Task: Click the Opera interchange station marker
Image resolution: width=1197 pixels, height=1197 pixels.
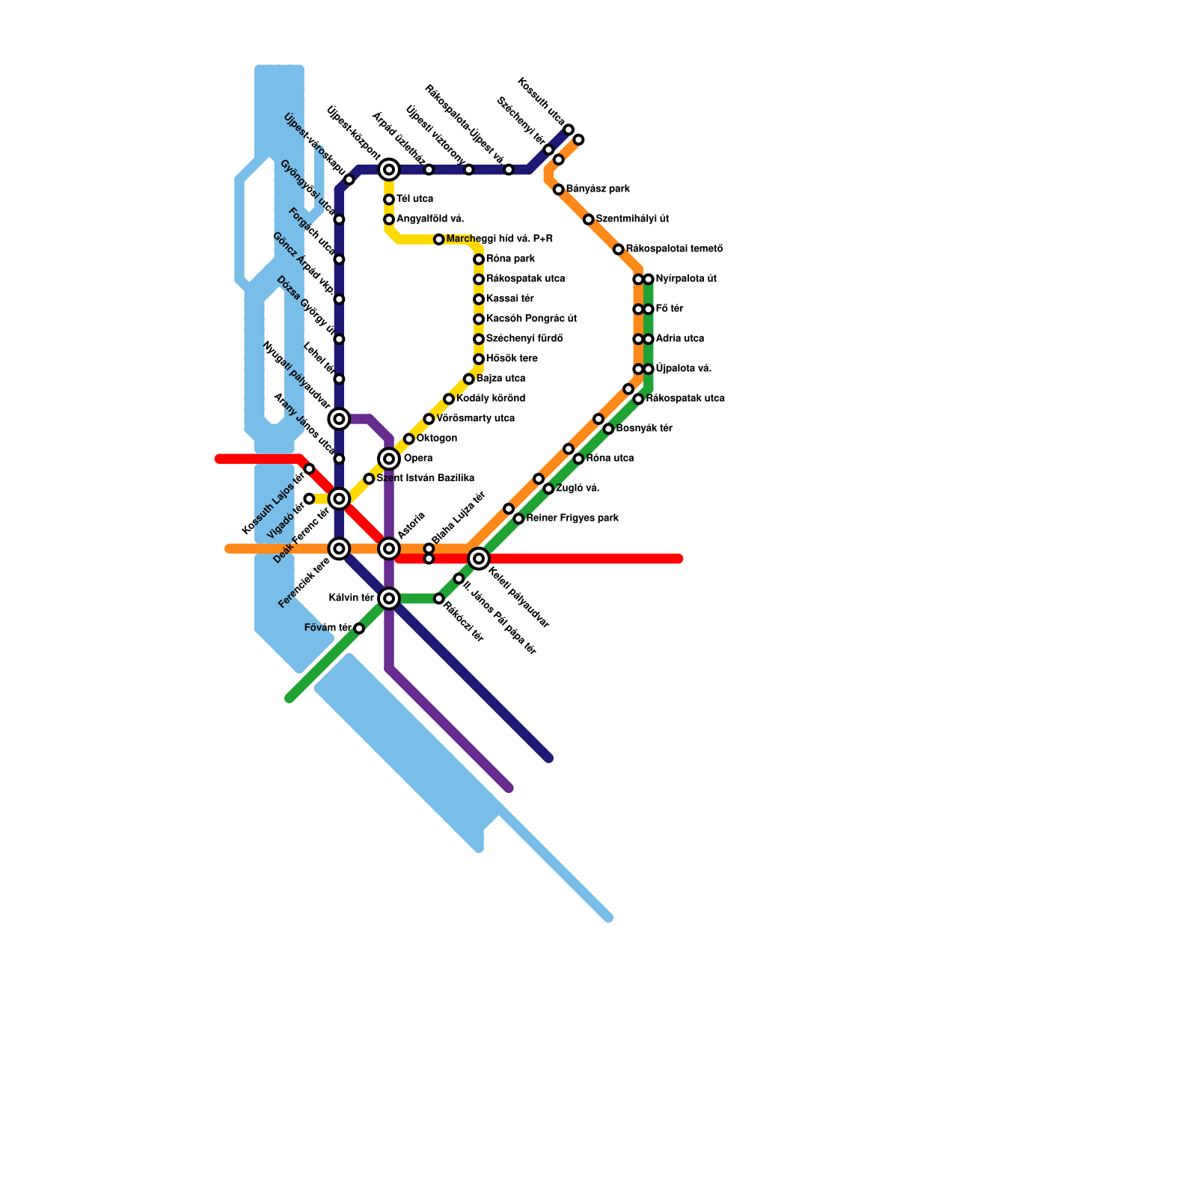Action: pyautogui.click(x=389, y=459)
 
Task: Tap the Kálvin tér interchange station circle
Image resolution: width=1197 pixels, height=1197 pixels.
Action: pyautogui.click(x=389, y=598)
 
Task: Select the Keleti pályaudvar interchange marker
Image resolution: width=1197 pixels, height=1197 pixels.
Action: pyautogui.click(x=479, y=558)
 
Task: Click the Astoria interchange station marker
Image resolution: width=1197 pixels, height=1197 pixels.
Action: pyautogui.click(x=389, y=549)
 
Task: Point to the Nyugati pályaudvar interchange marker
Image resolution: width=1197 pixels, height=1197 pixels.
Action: pyautogui.click(x=339, y=419)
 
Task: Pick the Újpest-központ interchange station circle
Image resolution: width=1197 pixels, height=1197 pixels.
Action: pyautogui.click(x=389, y=170)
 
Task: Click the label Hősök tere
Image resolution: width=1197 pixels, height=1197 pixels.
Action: pyautogui.click(x=512, y=359)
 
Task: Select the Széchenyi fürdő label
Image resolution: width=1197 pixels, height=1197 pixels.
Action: pyautogui.click(x=524, y=339)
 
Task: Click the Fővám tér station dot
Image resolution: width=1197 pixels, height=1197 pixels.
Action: pyautogui.click(x=359, y=628)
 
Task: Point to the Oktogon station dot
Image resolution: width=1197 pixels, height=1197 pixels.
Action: pyautogui.click(x=408, y=438)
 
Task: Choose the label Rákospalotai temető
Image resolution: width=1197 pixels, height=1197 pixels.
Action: pyautogui.click(x=674, y=249)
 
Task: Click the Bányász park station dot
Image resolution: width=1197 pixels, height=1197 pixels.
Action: pyautogui.click(x=558, y=189)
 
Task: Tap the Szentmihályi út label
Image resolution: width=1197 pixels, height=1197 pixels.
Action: pyautogui.click(x=632, y=219)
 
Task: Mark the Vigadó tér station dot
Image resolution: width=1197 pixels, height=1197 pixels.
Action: pyautogui.click(x=309, y=498)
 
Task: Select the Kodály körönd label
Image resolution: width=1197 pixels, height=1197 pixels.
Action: pyautogui.click(x=490, y=399)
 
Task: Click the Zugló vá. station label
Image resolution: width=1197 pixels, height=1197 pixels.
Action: pyautogui.click(x=578, y=489)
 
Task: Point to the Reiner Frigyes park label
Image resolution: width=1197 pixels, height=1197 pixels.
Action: pyautogui.click(x=572, y=518)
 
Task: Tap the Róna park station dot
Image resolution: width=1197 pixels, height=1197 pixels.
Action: pyautogui.click(x=479, y=260)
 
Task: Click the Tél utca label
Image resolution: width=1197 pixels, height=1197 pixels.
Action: pyautogui.click(x=414, y=199)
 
